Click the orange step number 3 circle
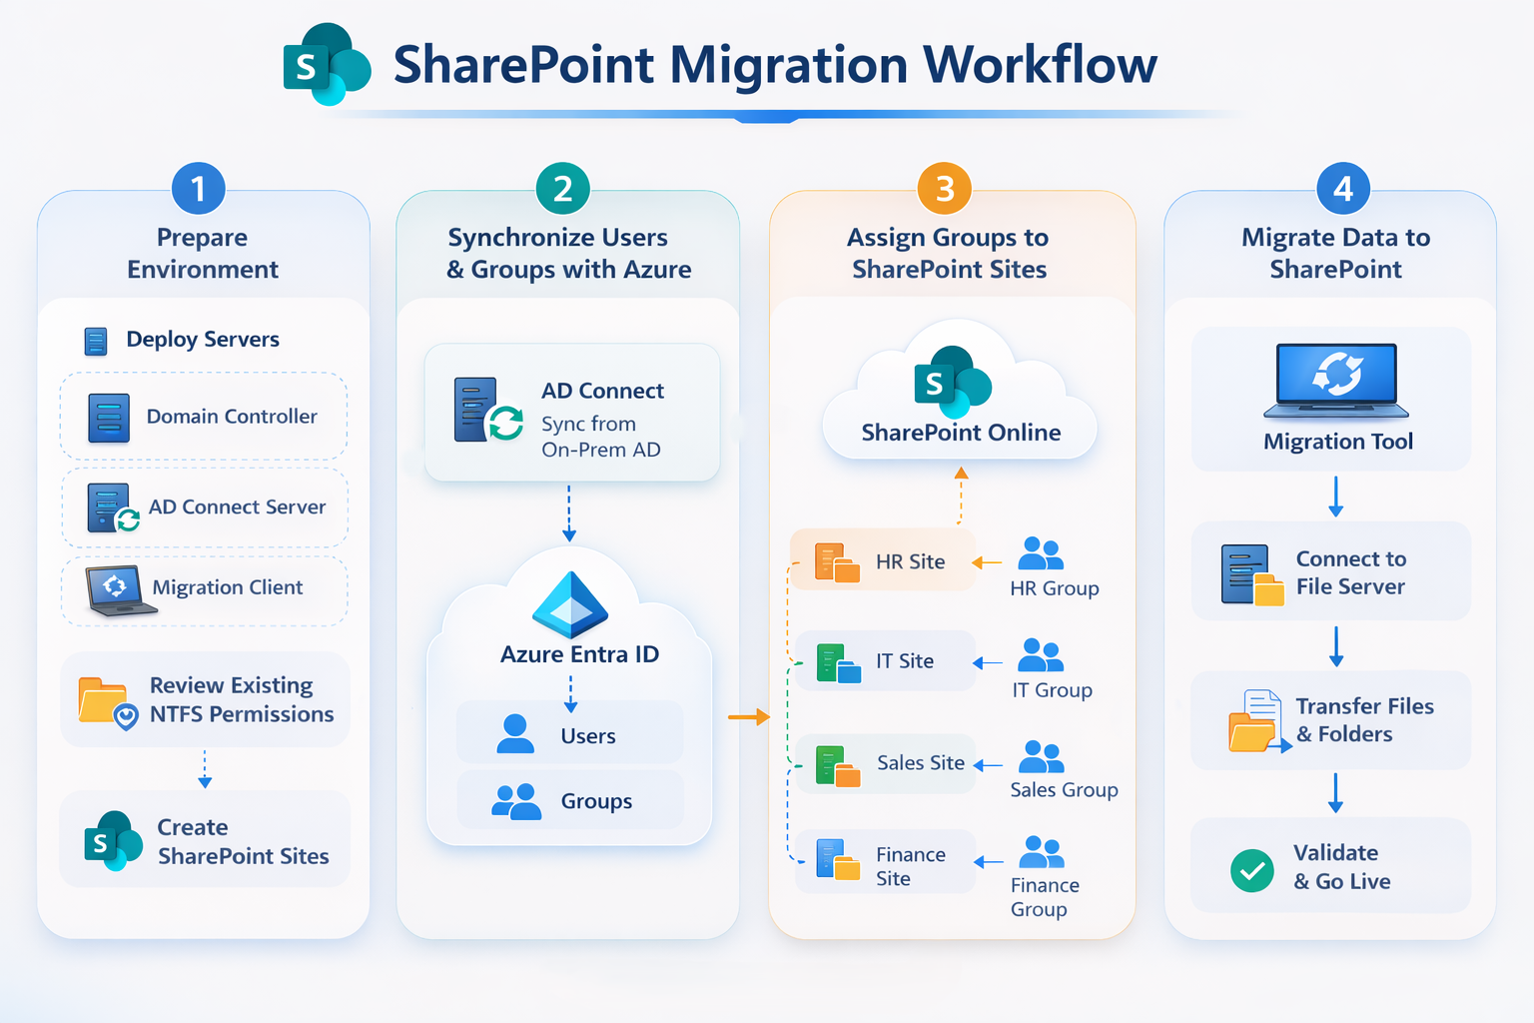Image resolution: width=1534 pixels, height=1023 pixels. (x=945, y=188)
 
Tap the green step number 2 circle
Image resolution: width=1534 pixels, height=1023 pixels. (x=563, y=188)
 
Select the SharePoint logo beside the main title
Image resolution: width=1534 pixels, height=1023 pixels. (x=327, y=65)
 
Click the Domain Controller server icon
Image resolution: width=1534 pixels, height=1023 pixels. (x=109, y=418)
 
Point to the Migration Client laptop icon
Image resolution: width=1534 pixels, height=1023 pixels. (x=117, y=590)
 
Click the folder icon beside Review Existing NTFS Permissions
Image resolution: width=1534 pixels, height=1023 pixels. (x=105, y=701)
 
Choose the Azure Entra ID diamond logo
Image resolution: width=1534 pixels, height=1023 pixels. (x=570, y=605)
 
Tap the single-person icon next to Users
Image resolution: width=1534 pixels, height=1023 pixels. (x=515, y=734)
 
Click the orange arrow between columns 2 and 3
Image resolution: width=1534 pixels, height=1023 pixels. (x=749, y=716)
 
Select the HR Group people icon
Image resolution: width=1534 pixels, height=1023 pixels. (x=1041, y=553)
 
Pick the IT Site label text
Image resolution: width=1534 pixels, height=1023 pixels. (x=905, y=661)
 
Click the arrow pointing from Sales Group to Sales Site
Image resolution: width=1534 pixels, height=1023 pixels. (x=988, y=765)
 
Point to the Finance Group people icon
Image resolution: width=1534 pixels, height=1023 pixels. (x=1042, y=852)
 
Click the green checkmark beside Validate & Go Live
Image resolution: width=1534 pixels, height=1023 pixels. (x=1251, y=870)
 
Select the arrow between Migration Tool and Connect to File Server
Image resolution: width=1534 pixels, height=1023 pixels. (x=1336, y=497)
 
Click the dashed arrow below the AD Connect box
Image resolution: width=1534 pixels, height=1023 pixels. (x=569, y=513)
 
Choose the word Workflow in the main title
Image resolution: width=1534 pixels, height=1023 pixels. (x=1040, y=65)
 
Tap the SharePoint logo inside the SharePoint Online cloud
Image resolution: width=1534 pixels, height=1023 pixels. (x=951, y=383)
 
